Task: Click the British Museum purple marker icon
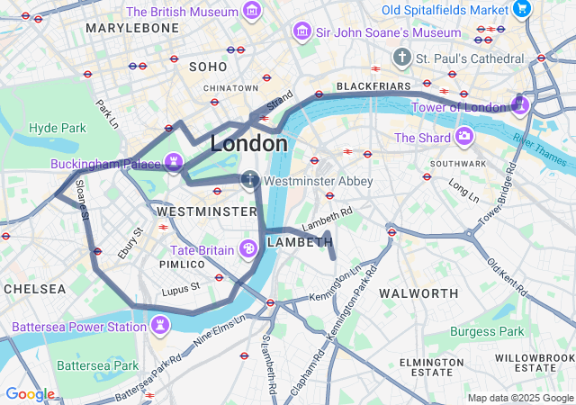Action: pyautogui.click(x=253, y=12)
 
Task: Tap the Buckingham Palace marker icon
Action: pyautogui.click(x=173, y=164)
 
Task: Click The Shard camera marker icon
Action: pyautogui.click(x=464, y=137)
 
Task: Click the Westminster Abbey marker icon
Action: pyautogui.click(x=249, y=181)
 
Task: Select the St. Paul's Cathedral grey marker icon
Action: pyautogui.click(x=401, y=58)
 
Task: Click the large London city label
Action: pyautogui.click(x=249, y=143)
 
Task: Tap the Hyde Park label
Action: pyautogui.click(x=57, y=128)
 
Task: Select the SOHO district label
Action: pyautogui.click(x=208, y=67)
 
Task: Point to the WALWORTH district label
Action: pyautogui.click(x=418, y=293)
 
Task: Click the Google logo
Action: pyautogui.click(x=30, y=394)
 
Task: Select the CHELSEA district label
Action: pyautogui.click(x=34, y=289)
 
